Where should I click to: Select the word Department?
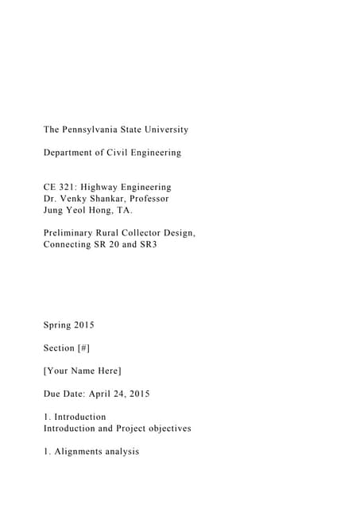point(72,152)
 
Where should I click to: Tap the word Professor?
point(148,198)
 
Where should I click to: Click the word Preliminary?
point(73,233)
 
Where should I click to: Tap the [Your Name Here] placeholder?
point(82,371)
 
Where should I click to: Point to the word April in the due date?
point(111,394)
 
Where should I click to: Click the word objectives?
point(165,429)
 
